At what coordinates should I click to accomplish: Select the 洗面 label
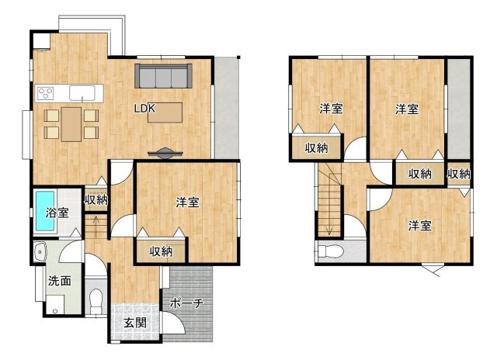(58, 281)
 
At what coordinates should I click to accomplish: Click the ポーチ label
(186, 303)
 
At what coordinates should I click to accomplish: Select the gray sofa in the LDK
(163, 77)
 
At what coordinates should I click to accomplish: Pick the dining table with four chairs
(71, 122)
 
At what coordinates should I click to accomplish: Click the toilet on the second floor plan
(331, 251)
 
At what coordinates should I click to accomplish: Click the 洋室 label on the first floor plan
(186, 202)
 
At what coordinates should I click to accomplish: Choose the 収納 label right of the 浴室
(96, 200)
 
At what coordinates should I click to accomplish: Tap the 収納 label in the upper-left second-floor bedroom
(315, 147)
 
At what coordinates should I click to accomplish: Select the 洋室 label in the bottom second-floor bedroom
(420, 226)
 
